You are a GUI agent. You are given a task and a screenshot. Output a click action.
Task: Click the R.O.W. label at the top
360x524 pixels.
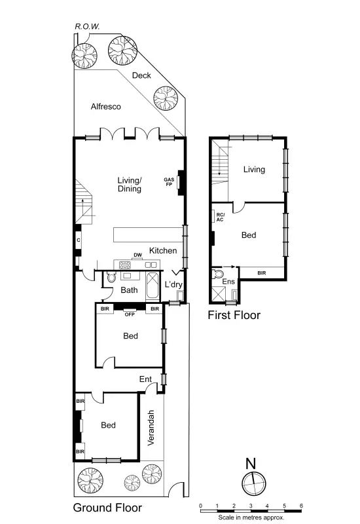86,27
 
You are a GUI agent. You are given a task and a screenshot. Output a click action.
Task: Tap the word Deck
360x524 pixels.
141,75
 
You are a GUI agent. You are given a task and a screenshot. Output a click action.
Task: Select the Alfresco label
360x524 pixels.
106,106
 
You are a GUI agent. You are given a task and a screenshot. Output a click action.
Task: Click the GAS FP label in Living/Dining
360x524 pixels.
170,181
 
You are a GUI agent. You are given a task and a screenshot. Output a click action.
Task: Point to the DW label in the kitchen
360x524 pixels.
137,255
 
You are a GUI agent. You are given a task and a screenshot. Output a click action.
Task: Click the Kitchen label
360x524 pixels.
162,251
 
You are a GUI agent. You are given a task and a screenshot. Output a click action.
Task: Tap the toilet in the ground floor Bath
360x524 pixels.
110,278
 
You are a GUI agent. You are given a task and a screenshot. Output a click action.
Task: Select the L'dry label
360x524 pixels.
173,285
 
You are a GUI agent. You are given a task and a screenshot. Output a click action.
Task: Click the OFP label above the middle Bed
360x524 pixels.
130,314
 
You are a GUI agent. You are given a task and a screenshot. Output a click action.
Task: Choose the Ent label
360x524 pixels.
145,379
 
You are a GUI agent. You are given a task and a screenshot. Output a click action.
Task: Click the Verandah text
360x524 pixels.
151,428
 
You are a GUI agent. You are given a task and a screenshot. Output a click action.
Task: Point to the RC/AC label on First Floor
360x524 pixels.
220,217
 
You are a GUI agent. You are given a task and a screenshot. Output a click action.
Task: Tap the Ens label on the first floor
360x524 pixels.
228,282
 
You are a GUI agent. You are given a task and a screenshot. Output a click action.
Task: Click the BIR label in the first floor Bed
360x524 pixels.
262,273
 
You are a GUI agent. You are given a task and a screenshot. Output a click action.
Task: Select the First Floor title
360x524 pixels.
234,315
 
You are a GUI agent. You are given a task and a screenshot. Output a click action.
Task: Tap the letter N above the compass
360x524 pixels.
250,463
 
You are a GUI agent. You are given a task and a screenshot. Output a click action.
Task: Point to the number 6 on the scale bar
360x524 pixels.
301,506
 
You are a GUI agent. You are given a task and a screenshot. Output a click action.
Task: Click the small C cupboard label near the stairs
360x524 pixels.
78,240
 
